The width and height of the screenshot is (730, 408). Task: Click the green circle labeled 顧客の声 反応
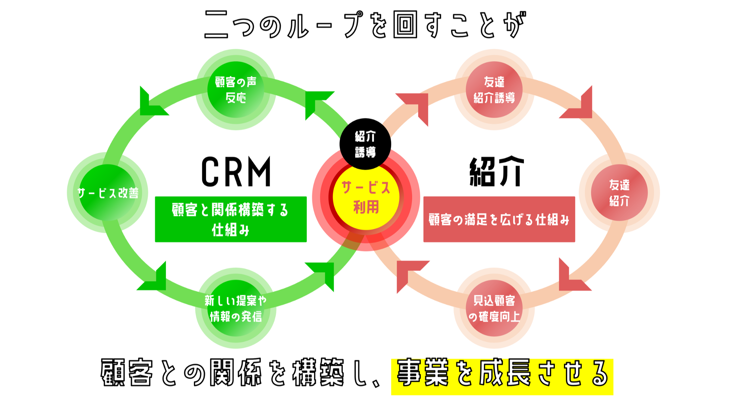pos(236,90)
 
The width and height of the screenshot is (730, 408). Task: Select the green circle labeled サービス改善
pos(108,193)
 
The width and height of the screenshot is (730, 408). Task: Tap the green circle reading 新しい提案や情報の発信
pos(236,308)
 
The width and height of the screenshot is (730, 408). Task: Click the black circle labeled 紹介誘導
pos(365,144)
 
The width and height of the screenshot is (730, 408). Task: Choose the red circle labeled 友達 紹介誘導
pos(494,90)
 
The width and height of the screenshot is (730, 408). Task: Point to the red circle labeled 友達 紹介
pos(619,193)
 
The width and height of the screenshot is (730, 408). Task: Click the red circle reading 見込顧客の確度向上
pos(494,308)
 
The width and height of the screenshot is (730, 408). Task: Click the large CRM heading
pos(236,172)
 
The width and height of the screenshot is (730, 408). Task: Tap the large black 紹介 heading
pos(496,172)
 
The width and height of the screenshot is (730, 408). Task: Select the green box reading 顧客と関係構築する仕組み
pos(230,219)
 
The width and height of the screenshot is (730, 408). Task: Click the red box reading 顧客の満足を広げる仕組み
pos(499,219)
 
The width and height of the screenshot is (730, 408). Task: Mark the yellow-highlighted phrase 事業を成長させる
pos(502,377)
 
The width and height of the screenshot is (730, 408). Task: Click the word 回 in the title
pos(405,24)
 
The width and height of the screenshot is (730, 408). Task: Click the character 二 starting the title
pos(216,24)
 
